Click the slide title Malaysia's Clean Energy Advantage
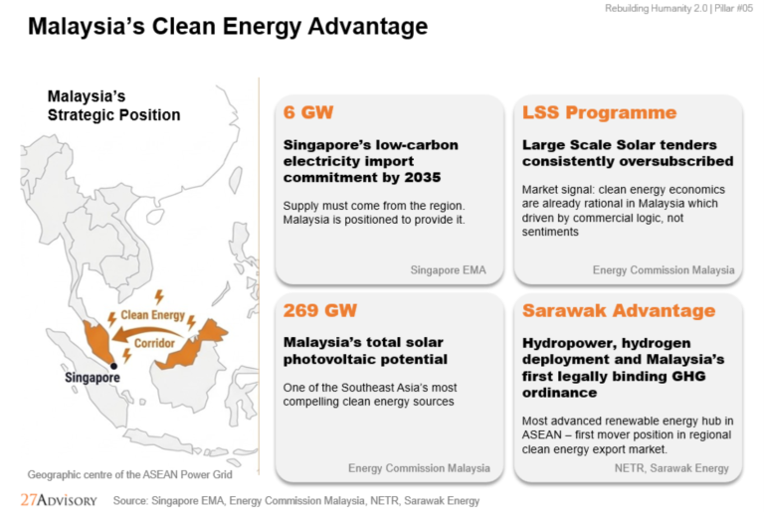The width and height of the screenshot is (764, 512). pos(228,26)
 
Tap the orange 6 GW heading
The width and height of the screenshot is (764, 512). pos(308,112)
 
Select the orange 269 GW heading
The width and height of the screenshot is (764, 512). pos(320,310)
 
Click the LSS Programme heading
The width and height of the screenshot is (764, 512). pos(599,112)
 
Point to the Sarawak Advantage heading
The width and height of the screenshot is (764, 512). pos(619,310)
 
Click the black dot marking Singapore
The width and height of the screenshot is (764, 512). pos(113,366)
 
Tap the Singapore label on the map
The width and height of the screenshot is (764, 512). pos(93,378)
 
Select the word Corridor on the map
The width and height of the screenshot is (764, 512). pos(154,343)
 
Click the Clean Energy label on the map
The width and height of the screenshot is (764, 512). pos(152,315)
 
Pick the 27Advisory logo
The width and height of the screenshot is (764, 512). pos(59,500)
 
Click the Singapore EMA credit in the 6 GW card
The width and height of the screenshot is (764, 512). pos(448,269)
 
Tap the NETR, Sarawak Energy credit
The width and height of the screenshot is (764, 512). pos(671,468)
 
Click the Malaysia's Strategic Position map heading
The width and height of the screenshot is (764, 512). pos(113,105)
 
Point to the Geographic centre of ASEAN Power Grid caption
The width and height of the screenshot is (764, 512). pos(129,474)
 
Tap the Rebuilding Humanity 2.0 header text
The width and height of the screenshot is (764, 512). pos(656,8)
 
